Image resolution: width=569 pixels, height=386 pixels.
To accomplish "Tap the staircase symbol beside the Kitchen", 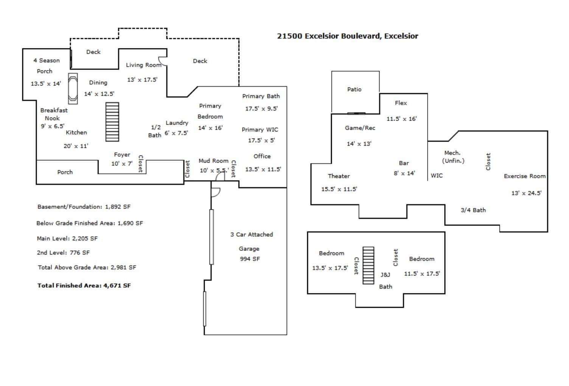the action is pyautogui.click(x=112, y=122).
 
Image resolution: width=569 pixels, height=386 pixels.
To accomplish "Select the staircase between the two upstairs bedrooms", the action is pyautogui.click(x=368, y=265).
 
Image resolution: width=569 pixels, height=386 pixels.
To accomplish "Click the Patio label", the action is pyautogui.click(x=354, y=89).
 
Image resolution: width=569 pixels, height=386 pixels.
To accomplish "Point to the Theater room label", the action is pyautogui.click(x=339, y=176).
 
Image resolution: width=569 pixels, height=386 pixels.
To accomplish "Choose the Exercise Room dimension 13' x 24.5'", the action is pyautogui.click(x=526, y=193).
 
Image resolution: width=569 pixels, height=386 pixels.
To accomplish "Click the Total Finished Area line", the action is pyautogui.click(x=84, y=285).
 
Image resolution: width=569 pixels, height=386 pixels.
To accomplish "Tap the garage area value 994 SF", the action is pyautogui.click(x=250, y=259).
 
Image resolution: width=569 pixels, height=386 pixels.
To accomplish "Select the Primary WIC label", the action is pyautogui.click(x=260, y=130).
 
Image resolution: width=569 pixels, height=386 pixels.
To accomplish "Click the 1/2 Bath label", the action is pyautogui.click(x=155, y=131).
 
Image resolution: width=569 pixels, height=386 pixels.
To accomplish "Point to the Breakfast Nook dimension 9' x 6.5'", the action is pyautogui.click(x=53, y=126).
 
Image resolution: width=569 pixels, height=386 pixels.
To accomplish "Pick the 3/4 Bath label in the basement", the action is pyautogui.click(x=473, y=210).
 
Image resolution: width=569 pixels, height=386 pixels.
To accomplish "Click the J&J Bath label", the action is pyautogui.click(x=386, y=281).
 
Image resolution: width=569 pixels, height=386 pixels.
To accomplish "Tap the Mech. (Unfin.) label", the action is pyautogui.click(x=453, y=157).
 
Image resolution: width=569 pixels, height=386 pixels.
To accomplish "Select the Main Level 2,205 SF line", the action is pyautogui.click(x=67, y=239).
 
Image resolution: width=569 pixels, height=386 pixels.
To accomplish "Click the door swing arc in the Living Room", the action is pyautogui.click(x=163, y=61).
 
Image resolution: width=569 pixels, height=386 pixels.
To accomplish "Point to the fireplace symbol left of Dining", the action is pyautogui.click(x=73, y=88).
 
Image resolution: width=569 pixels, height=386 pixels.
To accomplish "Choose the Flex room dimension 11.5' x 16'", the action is pyautogui.click(x=402, y=119).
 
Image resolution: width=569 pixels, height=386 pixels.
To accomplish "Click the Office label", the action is pyautogui.click(x=262, y=157).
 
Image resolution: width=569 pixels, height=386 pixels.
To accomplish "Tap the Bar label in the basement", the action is pyautogui.click(x=404, y=163).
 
